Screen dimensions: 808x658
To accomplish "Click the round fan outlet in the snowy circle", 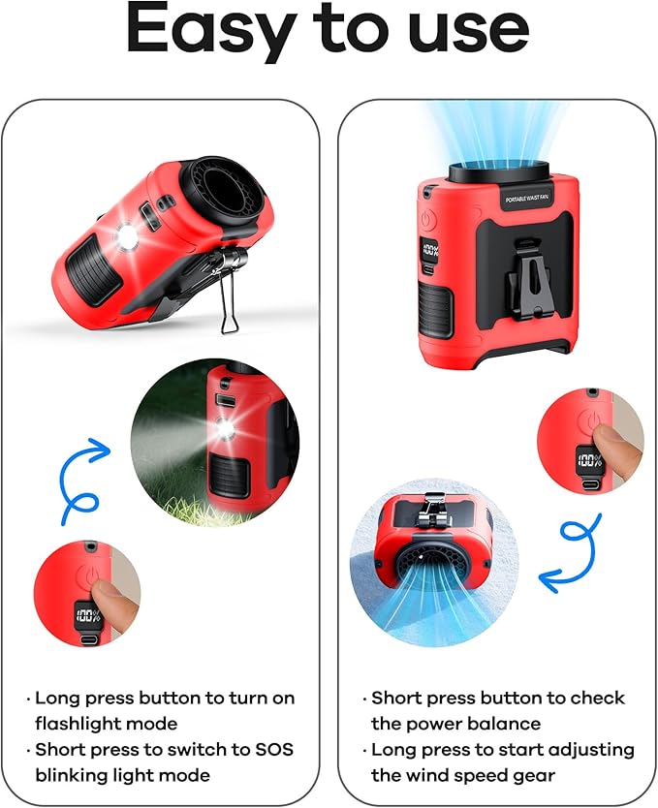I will [x=433, y=562].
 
